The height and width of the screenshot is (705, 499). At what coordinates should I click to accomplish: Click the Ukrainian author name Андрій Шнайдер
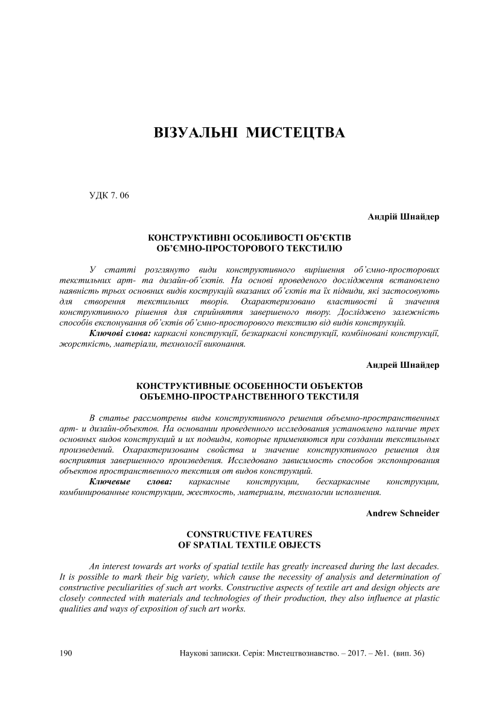[403, 217]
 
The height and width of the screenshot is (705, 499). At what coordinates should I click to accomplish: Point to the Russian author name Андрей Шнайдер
[403, 365]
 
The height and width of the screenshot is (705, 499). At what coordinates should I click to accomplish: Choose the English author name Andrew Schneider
[402, 513]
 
